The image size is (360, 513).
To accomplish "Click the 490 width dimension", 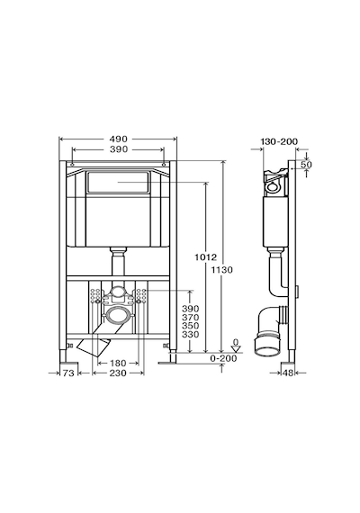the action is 118,139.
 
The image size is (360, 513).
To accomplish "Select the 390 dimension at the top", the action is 118,149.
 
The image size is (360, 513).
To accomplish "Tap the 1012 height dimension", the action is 205,257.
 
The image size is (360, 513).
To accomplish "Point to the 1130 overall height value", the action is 221,270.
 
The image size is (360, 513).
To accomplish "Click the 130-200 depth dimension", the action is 279,141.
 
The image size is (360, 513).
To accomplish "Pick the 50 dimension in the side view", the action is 306,165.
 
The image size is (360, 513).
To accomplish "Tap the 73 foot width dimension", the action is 68,373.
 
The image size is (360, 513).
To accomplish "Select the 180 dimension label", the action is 118,364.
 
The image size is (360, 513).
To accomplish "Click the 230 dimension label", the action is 118,373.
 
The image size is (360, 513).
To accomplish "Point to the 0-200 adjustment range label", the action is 223,358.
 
